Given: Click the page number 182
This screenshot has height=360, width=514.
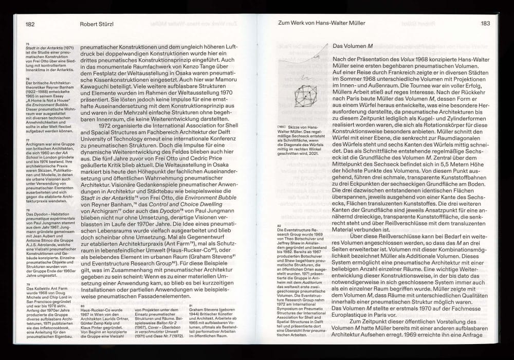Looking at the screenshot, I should click(x=30, y=23).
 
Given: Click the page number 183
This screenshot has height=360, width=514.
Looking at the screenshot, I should click(x=485, y=23).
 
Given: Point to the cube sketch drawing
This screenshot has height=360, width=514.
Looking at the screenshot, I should click(x=307, y=95).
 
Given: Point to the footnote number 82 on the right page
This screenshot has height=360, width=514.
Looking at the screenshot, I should click(x=279, y=225).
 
